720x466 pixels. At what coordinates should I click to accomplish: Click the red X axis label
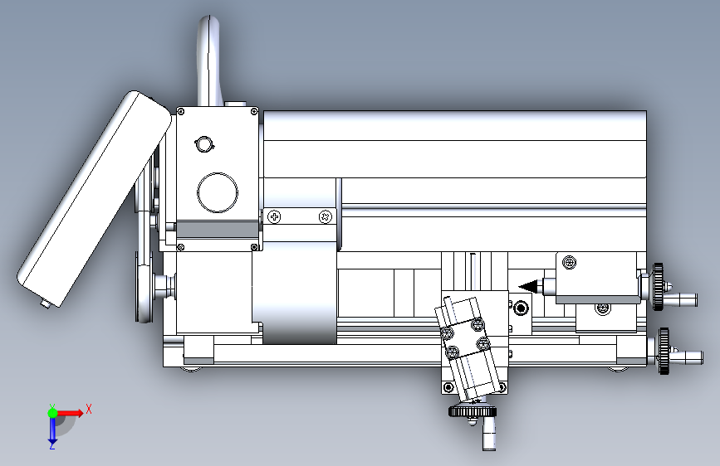pyautogui.click(x=89, y=409)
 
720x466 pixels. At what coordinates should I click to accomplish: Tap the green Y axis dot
pyautogui.click(x=52, y=413)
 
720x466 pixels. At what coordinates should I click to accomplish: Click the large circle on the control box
pyautogui.click(x=218, y=192)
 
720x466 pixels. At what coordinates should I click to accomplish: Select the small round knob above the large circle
pyautogui.click(x=204, y=144)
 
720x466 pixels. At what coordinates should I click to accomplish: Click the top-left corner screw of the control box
pyautogui.click(x=181, y=111)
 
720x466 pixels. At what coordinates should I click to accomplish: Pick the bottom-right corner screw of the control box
pyautogui.click(x=254, y=247)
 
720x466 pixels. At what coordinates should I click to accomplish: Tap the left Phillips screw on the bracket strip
pyautogui.click(x=274, y=216)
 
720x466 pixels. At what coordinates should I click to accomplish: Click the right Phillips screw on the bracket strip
pyautogui.click(x=325, y=216)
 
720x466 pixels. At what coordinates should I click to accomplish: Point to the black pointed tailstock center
pyautogui.click(x=531, y=286)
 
